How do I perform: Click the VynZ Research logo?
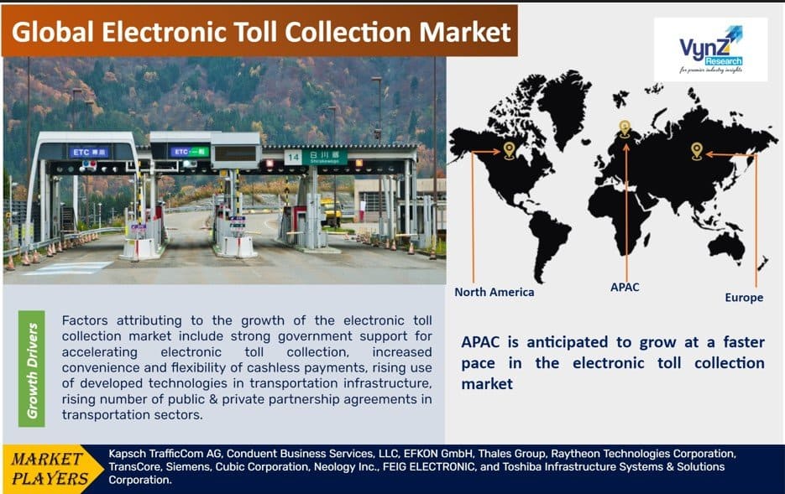click(x=710, y=49)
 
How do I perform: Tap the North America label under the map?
click(x=495, y=292)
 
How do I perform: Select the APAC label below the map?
click(x=625, y=287)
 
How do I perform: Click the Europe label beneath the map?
click(x=744, y=298)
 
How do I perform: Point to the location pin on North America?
click(x=509, y=150)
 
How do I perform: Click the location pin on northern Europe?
click(x=625, y=128)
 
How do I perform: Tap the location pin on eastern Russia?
click(x=696, y=151)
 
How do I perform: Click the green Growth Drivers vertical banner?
click(x=32, y=369)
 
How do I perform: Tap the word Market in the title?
click(x=465, y=32)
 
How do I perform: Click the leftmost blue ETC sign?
click(x=89, y=152)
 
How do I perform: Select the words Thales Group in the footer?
click(x=511, y=454)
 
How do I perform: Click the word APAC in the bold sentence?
click(x=480, y=342)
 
